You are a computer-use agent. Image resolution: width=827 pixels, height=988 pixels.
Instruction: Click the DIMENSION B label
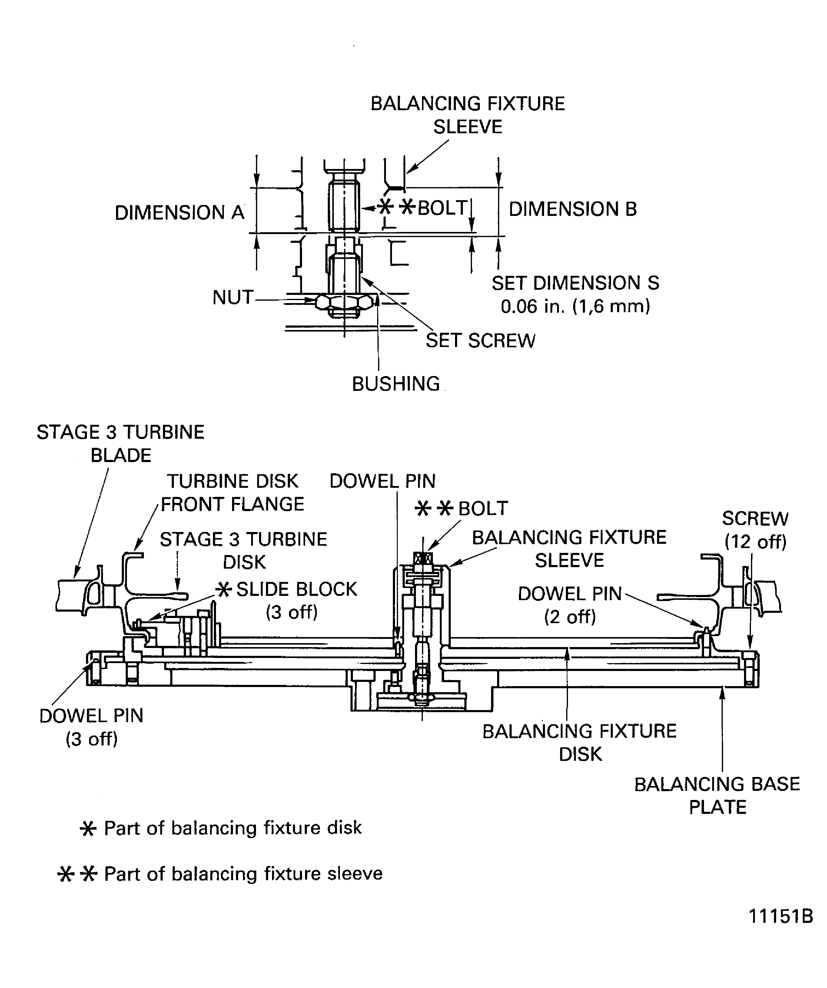click(572, 209)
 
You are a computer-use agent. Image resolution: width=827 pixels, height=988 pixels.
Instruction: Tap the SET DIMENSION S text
click(575, 283)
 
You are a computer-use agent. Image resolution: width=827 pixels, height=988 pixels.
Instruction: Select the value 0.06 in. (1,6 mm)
click(575, 307)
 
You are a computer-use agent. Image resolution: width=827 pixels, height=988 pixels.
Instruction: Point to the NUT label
click(233, 297)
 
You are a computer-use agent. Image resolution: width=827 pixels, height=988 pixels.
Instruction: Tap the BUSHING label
click(396, 384)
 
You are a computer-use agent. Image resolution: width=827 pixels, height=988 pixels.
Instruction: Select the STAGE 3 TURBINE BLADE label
click(121, 443)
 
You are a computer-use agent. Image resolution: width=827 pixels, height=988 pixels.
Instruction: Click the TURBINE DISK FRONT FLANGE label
click(233, 493)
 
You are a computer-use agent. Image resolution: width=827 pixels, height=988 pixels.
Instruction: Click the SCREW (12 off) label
click(755, 530)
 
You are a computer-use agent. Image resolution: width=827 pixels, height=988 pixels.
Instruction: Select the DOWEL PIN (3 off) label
click(91, 727)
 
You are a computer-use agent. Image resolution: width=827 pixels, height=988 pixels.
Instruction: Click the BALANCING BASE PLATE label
click(717, 795)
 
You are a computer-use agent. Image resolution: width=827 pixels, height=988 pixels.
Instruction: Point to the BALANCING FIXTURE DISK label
click(580, 742)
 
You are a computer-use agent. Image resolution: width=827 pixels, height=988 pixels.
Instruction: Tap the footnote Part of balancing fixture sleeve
click(242, 874)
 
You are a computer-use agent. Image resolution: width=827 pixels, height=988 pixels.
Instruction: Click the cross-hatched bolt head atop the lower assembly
click(423, 558)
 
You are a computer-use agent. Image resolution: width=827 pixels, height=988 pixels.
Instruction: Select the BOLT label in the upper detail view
click(441, 207)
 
